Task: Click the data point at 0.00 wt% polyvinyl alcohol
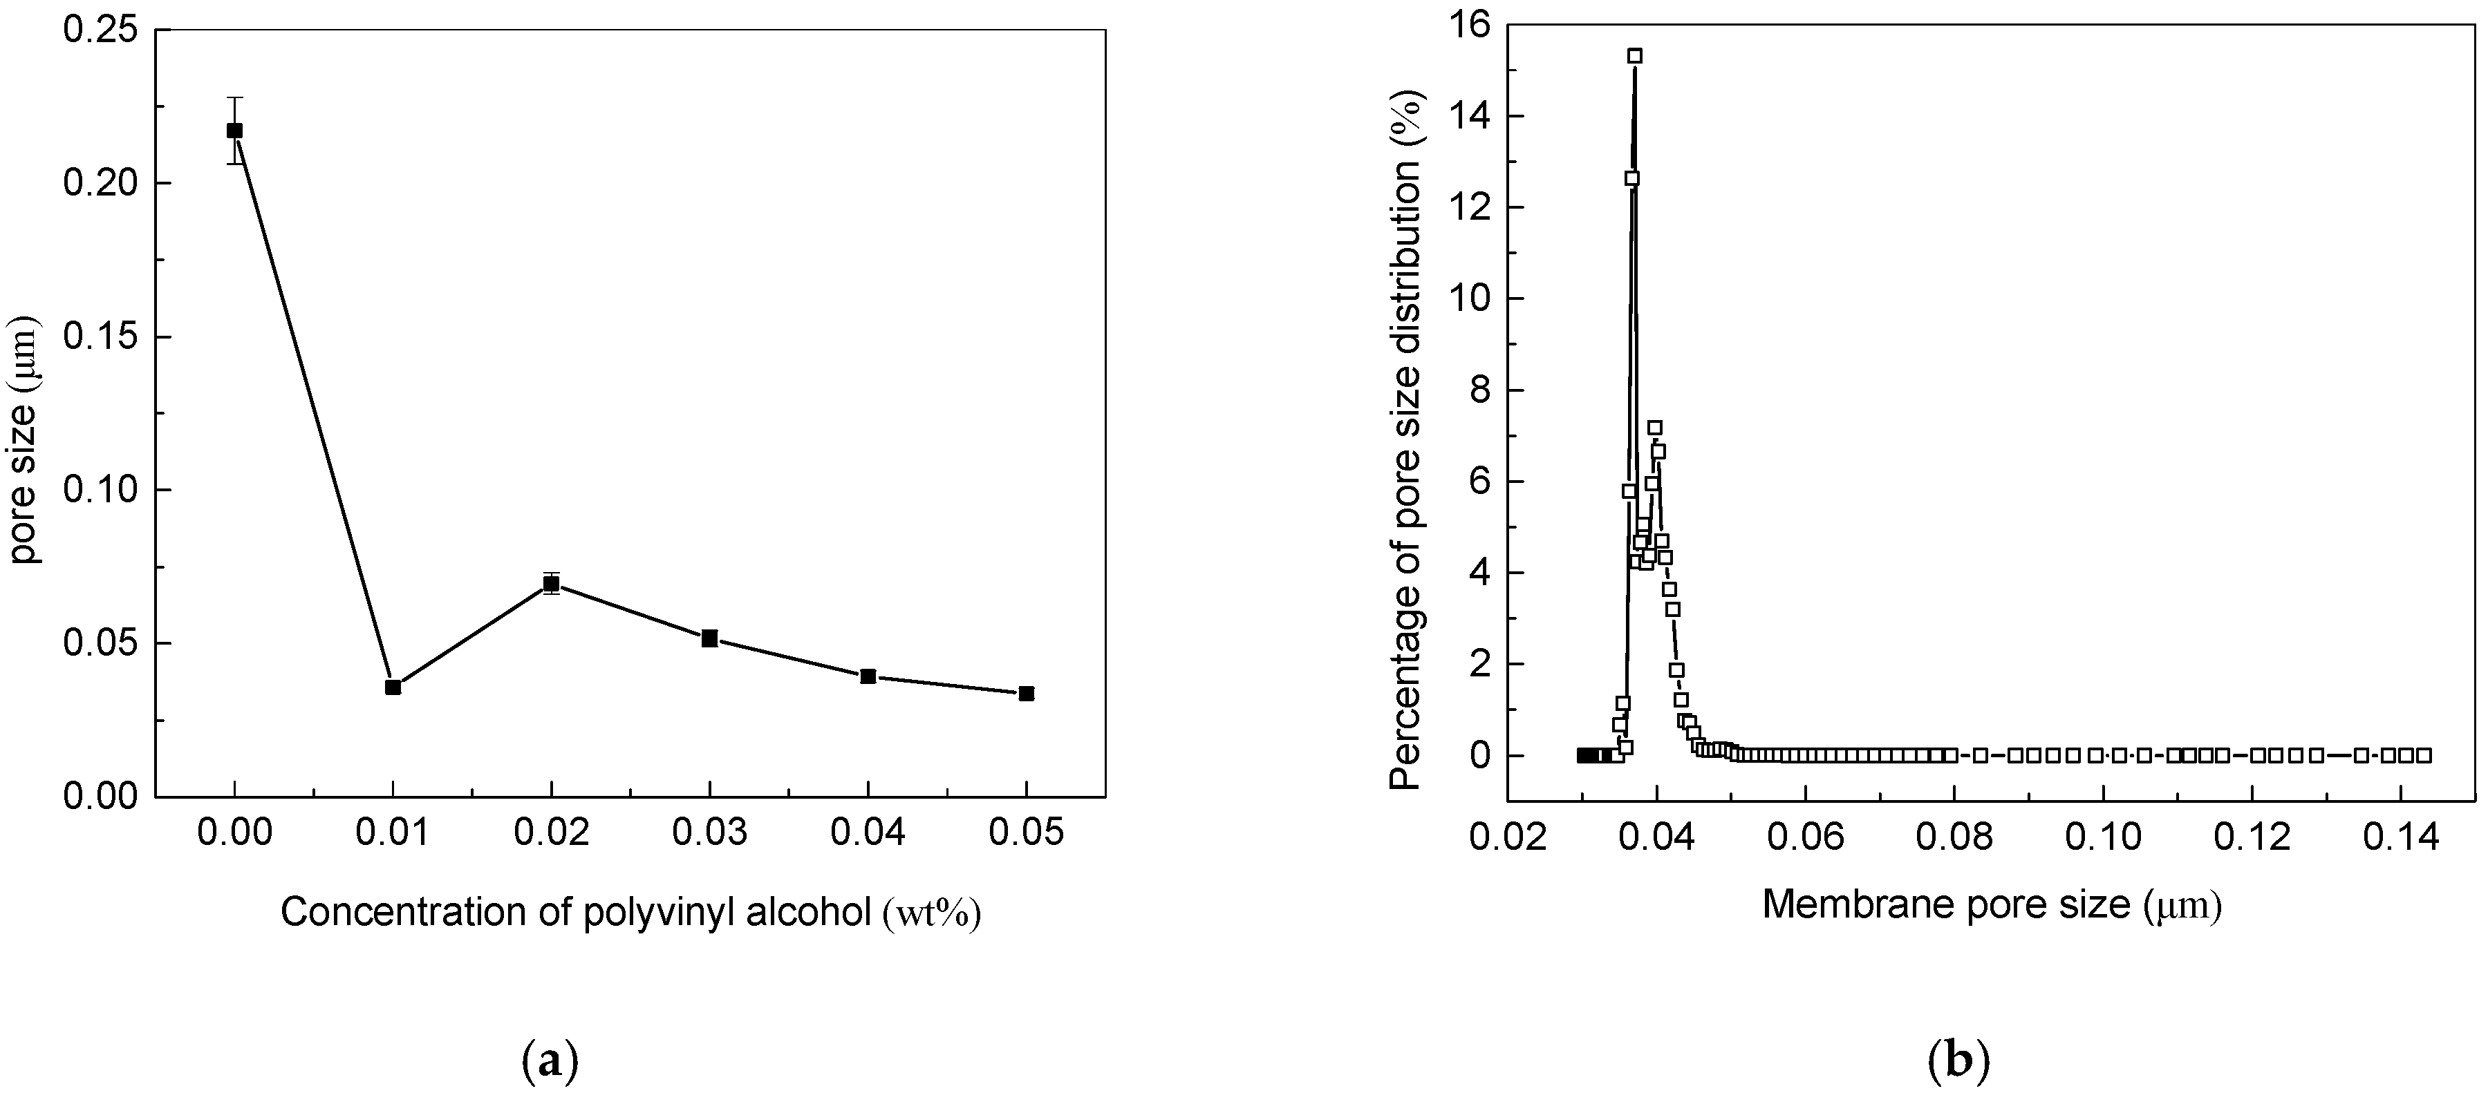tap(234, 131)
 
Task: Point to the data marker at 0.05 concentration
tap(1027, 693)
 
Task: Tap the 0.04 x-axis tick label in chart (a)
tap(868, 833)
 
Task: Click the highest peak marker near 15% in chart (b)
tap(1635, 56)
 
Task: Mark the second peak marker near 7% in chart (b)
tap(1654, 428)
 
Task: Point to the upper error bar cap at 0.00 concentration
tap(234, 97)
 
